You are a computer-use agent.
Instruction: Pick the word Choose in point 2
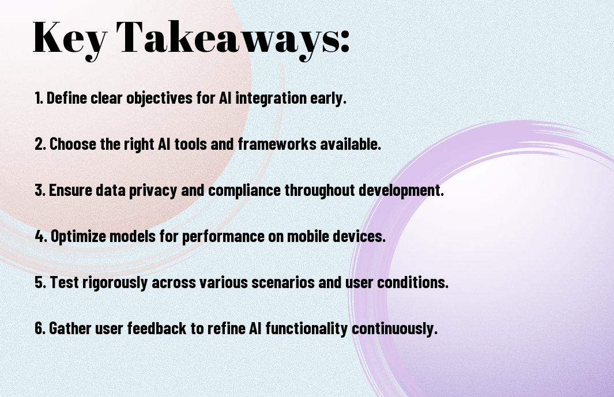tap(73, 144)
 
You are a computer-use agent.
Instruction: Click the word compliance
tap(244, 190)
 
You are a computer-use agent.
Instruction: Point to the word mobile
tap(308, 236)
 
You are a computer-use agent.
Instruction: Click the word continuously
tap(394, 328)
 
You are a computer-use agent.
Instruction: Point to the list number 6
tap(40, 328)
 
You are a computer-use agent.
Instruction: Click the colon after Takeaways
tap(345, 41)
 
